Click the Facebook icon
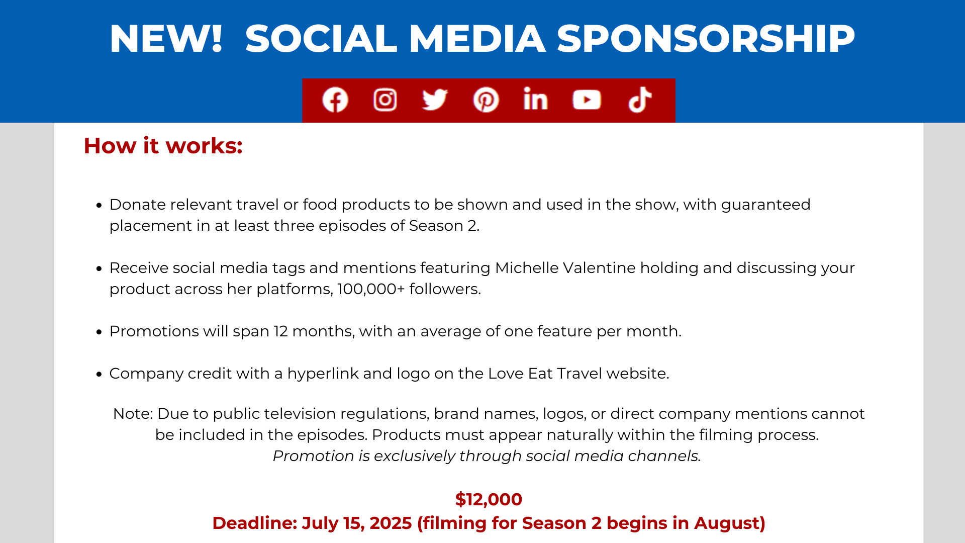[x=335, y=100]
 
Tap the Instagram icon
[x=385, y=100]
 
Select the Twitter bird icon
[x=435, y=100]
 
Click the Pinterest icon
[x=486, y=100]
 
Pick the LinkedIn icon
[x=535, y=99]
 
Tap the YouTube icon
[x=587, y=100]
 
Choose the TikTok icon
[x=640, y=99]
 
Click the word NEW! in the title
[x=166, y=39]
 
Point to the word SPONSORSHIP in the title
[x=706, y=39]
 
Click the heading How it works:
[x=163, y=146]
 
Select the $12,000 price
[x=489, y=499]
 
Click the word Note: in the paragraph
[x=133, y=414]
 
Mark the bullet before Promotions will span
[x=99, y=332]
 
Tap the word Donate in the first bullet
[x=137, y=205]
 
